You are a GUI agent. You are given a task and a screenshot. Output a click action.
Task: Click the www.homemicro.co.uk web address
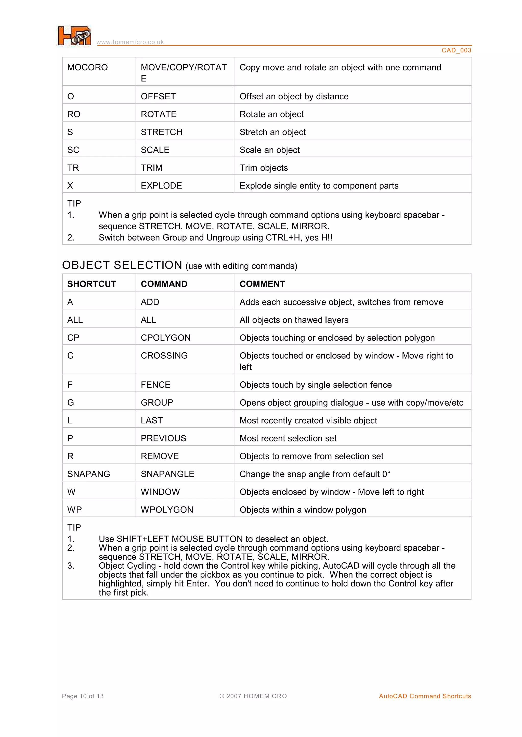coord(130,42)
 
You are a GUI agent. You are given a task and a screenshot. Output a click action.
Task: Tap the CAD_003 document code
coord(456,50)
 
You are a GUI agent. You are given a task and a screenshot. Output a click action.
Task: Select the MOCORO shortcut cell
coord(87,68)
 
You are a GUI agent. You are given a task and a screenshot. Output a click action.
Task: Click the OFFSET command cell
coord(158,96)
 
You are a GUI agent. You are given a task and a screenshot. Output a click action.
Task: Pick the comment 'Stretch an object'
coord(272,132)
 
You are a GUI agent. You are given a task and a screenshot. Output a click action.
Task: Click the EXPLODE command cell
coord(161,186)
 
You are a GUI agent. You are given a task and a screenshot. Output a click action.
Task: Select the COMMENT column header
coord(262,284)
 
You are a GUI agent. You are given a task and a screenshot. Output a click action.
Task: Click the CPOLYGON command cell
coord(165,338)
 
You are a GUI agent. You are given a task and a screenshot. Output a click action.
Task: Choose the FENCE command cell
coord(155,385)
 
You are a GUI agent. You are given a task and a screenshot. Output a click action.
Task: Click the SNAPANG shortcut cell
coord(89,474)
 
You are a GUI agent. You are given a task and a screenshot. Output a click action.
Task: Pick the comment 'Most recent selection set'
coord(288,438)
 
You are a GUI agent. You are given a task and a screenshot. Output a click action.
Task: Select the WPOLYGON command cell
coord(167,510)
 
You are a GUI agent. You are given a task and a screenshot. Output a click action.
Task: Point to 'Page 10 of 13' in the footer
coord(83,696)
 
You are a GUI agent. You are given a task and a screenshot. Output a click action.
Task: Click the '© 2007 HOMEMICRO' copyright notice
coord(253,696)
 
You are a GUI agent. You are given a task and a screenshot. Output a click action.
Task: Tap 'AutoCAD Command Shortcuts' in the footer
coord(425,696)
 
